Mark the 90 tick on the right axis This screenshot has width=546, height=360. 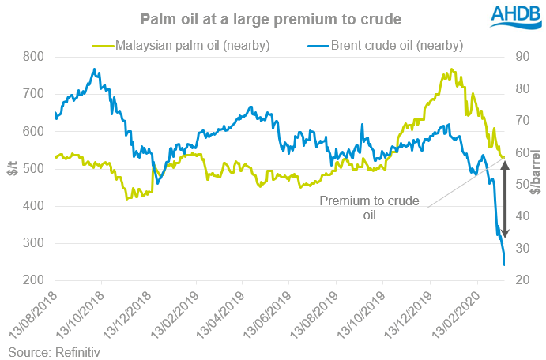pos(522,57)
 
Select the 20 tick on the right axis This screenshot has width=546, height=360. pos(522,280)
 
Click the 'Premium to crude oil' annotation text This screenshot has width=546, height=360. pos(369,207)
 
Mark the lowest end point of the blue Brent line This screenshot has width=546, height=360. pos(504,265)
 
